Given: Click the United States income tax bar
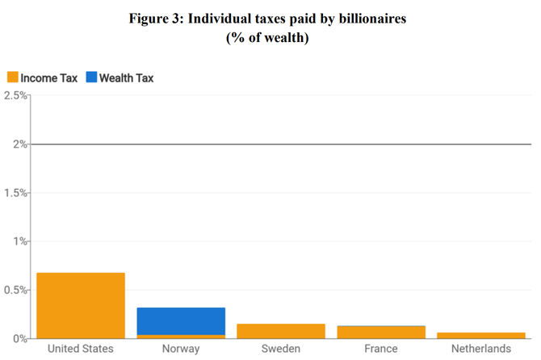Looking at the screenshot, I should [x=81, y=305].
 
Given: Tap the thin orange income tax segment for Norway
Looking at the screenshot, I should [x=181, y=336].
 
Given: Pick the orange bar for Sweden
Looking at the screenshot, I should [x=280, y=331].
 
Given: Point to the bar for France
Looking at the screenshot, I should [x=380, y=332].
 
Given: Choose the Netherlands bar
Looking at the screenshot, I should [x=480, y=335].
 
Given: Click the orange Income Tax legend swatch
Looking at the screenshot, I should [x=12, y=78].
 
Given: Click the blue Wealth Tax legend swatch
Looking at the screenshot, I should [x=91, y=78].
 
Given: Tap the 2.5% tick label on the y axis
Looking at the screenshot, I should [x=15, y=96].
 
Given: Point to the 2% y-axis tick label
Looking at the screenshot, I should [x=20, y=144].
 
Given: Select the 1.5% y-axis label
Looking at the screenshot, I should [x=15, y=193].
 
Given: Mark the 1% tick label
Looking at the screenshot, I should [x=20, y=241].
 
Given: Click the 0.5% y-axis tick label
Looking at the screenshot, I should [x=15, y=290].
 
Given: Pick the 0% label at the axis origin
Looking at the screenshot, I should [x=20, y=338].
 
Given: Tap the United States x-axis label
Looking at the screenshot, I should [x=81, y=350].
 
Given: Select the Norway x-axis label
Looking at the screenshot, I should [x=181, y=350].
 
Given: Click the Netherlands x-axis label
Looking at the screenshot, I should [x=480, y=350].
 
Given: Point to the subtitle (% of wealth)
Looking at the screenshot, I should [x=270, y=38].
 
